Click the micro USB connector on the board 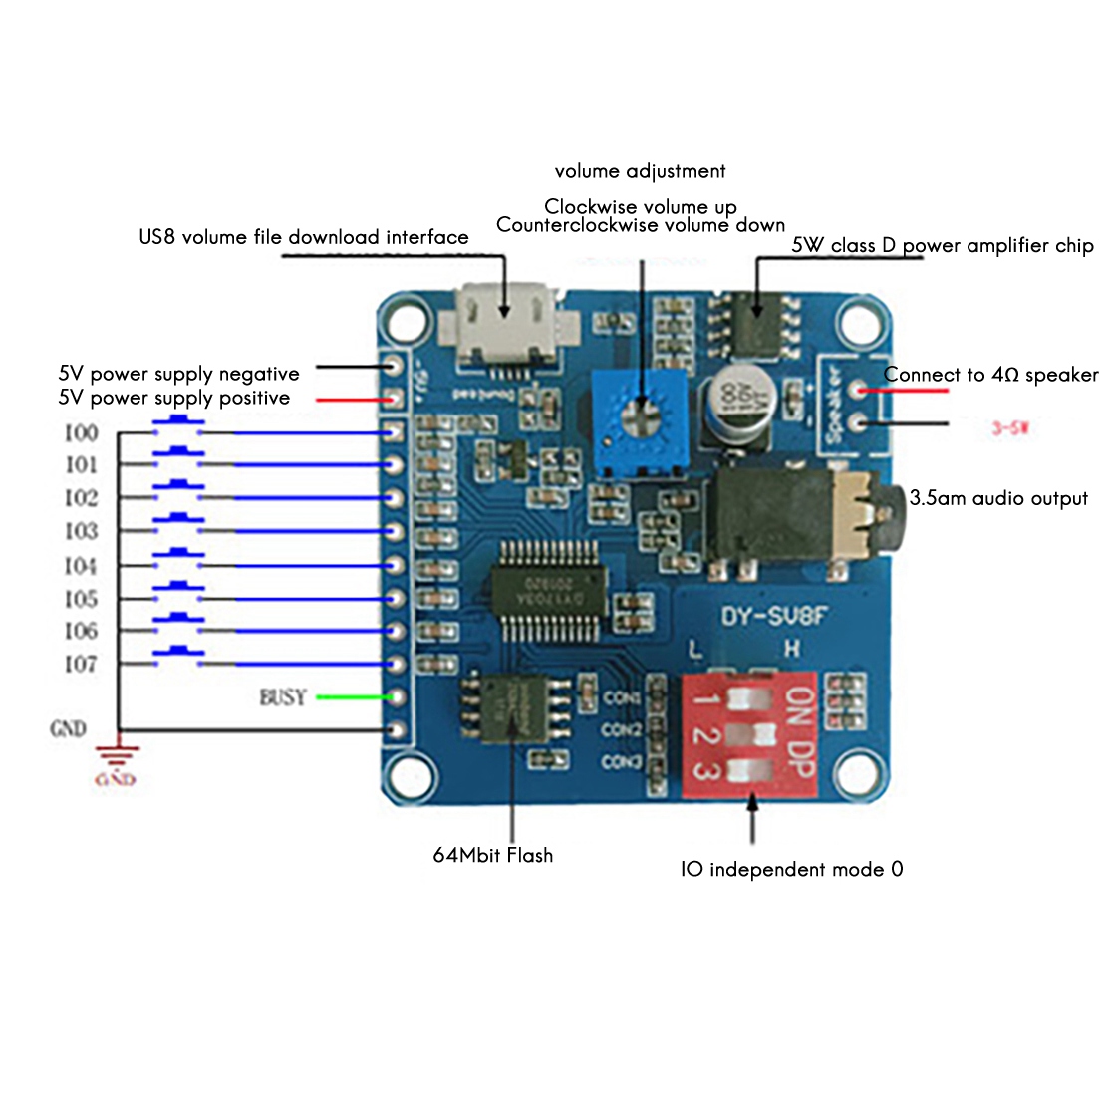tap(508, 323)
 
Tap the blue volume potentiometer tap(640, 417)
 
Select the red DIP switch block tap(749, 734)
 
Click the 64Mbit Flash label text tap(492, 855)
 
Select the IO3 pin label tap(82, 531)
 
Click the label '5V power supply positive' tap(174, 399)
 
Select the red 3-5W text tap(1009, 428)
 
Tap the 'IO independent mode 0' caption tap(792, 870)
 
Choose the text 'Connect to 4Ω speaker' tap(990, 376)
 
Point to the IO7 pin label tap(82, 664)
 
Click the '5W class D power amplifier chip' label tap(942, 246)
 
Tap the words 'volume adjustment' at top tap(640, 171)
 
